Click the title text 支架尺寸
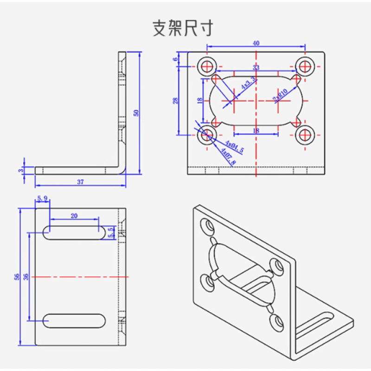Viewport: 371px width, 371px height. [183, 28]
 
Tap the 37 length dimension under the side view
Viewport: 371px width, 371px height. [80, 182]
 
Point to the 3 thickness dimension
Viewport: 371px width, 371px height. [21, 171]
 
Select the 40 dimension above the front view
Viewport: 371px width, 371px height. [256, 43]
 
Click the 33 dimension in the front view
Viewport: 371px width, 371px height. [256, 68]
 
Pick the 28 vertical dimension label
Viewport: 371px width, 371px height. [176, 100]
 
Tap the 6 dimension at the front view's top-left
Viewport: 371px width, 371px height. [176, 59]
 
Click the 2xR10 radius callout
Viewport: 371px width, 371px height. [281, 95]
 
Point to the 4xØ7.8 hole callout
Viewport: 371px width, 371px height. [228, 157]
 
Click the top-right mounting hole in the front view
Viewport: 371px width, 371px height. [305, 66]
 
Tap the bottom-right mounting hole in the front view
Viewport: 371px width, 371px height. [305, 134]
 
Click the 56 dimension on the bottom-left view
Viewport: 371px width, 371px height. [17, 277]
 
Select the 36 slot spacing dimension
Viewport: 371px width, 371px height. [26, 276]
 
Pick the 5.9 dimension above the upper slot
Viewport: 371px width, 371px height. [42, 198]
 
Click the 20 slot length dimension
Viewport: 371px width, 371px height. [74, 215]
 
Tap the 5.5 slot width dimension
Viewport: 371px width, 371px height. [110, 232]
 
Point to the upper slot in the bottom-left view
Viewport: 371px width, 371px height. [74, 232]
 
